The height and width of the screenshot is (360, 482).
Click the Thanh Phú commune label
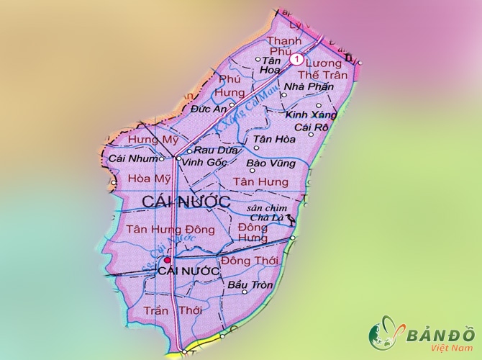point(283,46)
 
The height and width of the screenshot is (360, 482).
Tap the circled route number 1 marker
point(296,60)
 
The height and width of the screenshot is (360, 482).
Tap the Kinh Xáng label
point(306,114)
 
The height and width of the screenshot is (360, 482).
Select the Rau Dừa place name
point(212,151)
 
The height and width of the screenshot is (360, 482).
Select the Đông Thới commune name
point(249,260)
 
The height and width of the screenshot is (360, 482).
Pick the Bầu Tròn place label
point(249,285)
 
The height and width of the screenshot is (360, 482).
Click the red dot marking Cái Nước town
point(167,260)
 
